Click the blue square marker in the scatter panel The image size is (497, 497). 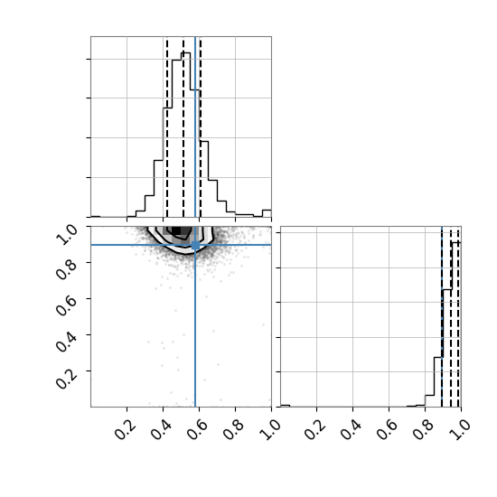click(195, 245)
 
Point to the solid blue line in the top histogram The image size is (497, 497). click(195, 127)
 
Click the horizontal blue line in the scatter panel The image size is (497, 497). click(181, 245)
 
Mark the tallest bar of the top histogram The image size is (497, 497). click(185, 135)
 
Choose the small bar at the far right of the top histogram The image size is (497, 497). click(267, 213)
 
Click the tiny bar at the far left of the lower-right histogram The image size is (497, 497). click(286, 406)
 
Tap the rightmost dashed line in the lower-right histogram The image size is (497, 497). click(458, 318)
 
